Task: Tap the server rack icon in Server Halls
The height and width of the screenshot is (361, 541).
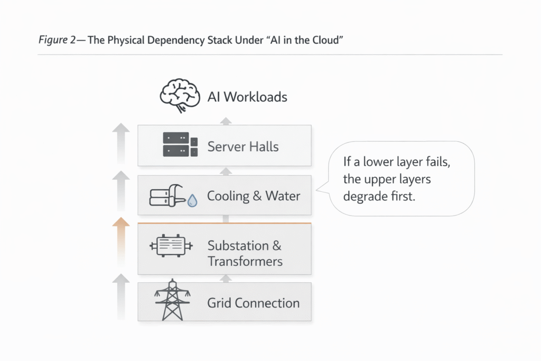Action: pyautogui.click(x=180, y=144)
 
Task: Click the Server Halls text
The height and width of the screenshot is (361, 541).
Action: pyautogui.click(x=242, y=146)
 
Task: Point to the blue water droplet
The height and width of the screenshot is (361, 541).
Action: pyautogui.click(x=193, y=201)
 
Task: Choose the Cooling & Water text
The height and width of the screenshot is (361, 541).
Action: pyautogui.click(x=254, y=196)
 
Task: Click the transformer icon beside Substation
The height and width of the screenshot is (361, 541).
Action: pyautogui.click(x=172, y=246)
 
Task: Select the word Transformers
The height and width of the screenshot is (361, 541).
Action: pyautogui.click(x=245, y=261)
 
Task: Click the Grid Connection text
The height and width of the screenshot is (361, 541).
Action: pyautogui.click(x=253, y=303)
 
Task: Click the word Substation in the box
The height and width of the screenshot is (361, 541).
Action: pyautogui.click(x=238, y=246)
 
